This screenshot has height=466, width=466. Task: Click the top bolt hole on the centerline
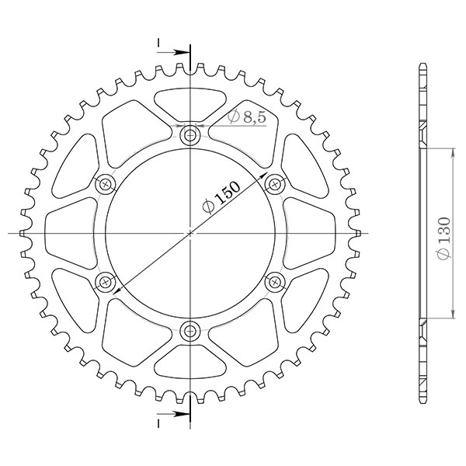(x=190, y=136)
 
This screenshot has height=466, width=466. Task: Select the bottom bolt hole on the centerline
(x=190, y=331)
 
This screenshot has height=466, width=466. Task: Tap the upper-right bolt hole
(x=274, y=184)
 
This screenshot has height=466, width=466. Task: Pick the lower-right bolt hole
(x=274, y=281)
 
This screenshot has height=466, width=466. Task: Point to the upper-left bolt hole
(x=106, y=184)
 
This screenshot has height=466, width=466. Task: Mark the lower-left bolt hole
(x=106, y=281)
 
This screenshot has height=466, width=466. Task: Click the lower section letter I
(x=158, y=425)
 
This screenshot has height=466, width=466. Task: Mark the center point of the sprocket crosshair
(x=190, y=232)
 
